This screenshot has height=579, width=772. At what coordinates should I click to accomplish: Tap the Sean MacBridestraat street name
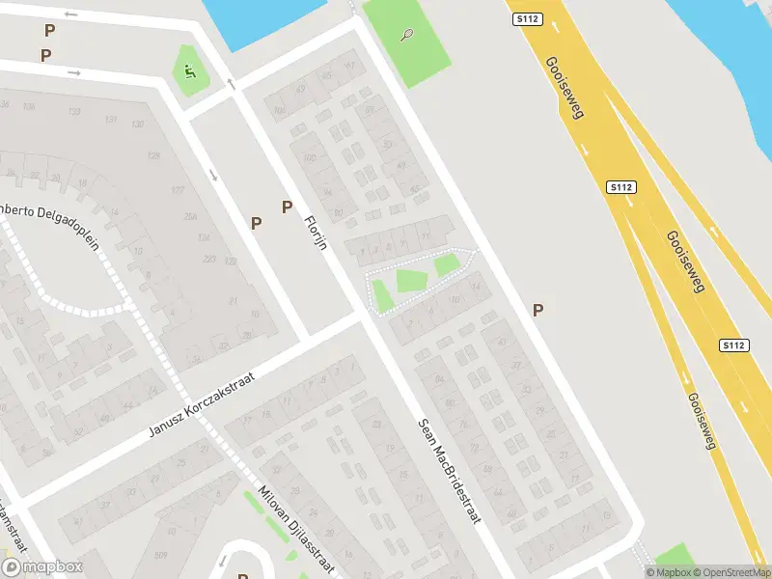click(449, 471)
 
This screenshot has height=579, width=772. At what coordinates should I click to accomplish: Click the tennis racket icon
click(407, 36)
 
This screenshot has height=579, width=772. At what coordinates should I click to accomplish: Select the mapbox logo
click(42, 567)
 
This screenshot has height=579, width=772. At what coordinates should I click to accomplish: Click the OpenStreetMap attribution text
click(730, 572)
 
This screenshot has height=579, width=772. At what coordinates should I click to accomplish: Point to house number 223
click(209, 259)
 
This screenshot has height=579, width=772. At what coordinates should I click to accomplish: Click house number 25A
click(204, 216)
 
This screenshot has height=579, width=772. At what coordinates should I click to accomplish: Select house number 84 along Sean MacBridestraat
click(440, 378)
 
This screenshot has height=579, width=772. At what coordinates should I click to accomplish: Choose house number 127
click(177, 190)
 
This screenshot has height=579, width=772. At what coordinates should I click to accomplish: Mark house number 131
click(112, 120)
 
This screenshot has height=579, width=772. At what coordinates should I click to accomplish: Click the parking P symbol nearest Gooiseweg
click(538, 310)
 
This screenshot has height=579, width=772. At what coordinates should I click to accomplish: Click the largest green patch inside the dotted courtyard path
click(411, 281)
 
